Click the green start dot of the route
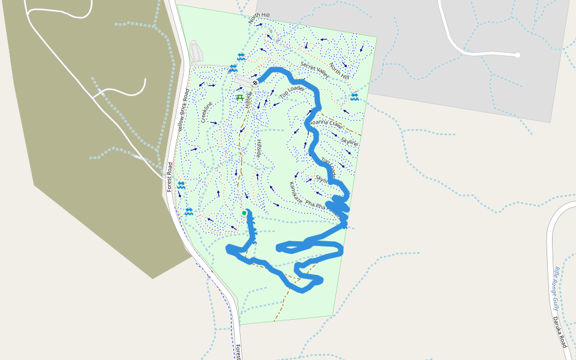tap(244, 213)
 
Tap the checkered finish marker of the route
tap(255, 83)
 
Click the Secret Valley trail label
tap(315, 70)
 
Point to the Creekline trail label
tap(208, 113)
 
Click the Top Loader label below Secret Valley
tap(292, 92)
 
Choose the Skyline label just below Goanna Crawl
tap(349, 142)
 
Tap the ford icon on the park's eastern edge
tap(355, 97)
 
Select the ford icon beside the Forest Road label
tap(181, 185)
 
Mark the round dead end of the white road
tap(517, 55)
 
